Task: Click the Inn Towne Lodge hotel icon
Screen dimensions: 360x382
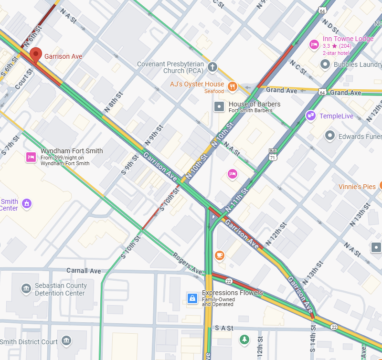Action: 314,44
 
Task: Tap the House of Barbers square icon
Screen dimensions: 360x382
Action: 219,106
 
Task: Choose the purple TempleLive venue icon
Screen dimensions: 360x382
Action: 311,116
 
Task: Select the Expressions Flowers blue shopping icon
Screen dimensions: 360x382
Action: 192,298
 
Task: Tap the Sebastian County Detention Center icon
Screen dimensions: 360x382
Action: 26,289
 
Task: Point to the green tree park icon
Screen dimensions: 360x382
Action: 244,339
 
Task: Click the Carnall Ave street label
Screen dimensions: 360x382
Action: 84,271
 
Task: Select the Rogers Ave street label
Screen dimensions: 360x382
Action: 187,264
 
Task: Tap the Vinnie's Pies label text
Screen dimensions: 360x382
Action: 357,187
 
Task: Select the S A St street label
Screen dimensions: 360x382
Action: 224,328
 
